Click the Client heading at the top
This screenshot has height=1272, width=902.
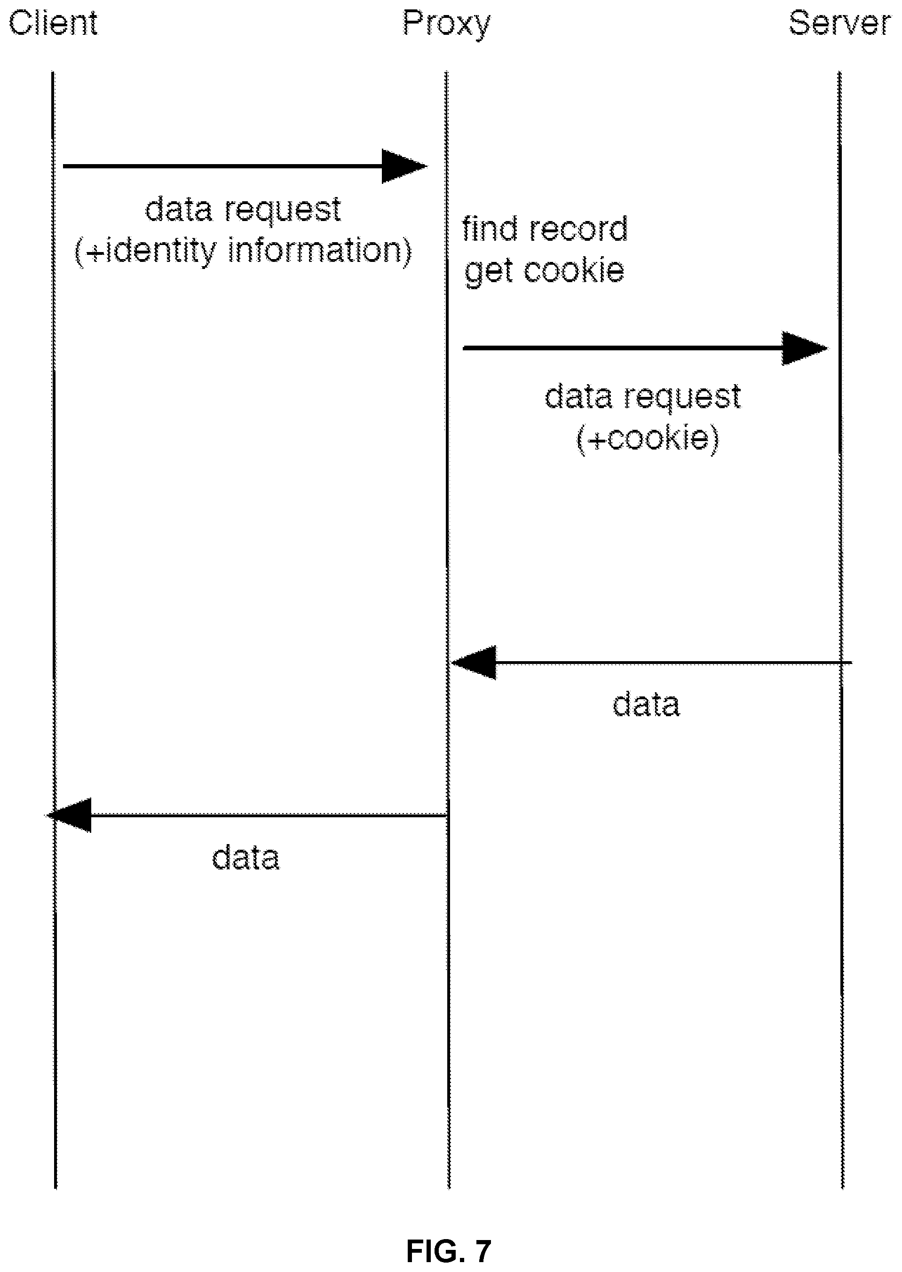tap(53, 24)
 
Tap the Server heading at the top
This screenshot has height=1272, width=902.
tap(839, 24)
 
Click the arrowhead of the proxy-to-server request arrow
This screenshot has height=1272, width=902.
tap(805, 348)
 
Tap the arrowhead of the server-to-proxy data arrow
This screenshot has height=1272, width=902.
tap(474, 663)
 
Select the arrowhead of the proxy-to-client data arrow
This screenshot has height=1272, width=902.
tap(69, 815)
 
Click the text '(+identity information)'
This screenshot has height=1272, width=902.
tap(243, 252)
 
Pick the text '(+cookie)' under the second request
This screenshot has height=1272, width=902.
tap(648, 439)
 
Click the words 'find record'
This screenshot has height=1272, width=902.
tap(545, 228)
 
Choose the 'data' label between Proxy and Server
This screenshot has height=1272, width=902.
tap(646, 704)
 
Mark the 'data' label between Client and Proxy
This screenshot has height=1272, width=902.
tap(245, 857)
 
